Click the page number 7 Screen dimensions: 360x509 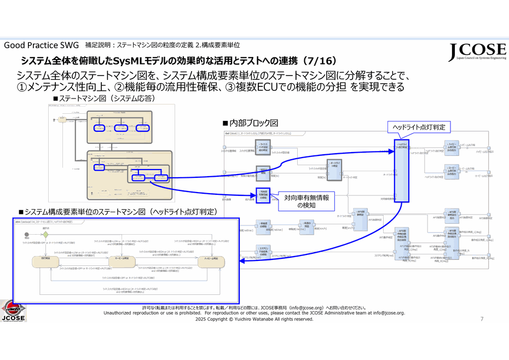coord(482,319)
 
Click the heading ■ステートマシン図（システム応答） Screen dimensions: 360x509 coord(103,98)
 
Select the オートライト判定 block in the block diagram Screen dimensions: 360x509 coord(334,167)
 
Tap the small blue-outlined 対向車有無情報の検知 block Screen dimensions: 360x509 coord(264,194)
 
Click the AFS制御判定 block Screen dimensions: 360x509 coord(360,213)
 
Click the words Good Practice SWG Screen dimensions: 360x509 coord(42,45)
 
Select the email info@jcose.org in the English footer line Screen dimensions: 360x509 coord(389,313)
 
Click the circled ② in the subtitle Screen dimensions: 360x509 coord(119,87)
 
